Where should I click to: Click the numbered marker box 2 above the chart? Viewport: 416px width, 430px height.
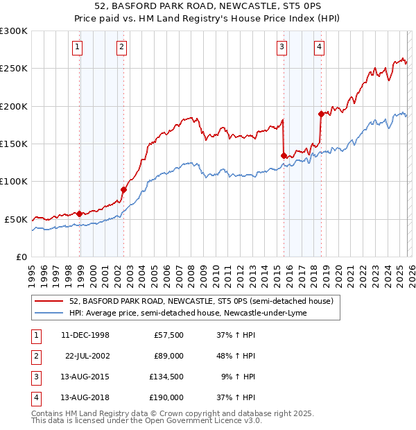pyautogui.click(x=121, y=47)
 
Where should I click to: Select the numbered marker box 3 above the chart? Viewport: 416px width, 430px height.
pyautogui.click(x=282, y=47)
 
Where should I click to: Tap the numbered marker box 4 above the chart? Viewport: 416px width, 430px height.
pyautogui.click(x=319, y=47)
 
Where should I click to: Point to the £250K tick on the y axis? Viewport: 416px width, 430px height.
pyautogui.click(x=14, y=69)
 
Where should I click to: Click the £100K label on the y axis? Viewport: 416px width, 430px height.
pyautogui.click(x=14, y=181)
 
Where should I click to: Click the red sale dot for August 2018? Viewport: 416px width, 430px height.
pyautogui.click(x=321, y=114)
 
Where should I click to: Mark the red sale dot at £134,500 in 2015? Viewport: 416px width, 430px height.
pyautogui.click(x=284, y=155)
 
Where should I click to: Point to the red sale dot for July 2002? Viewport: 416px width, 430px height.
pyautogui.click(x=124, y=189)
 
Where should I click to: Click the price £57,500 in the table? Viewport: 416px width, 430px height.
pyautogui.click(x=168, y=335)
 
